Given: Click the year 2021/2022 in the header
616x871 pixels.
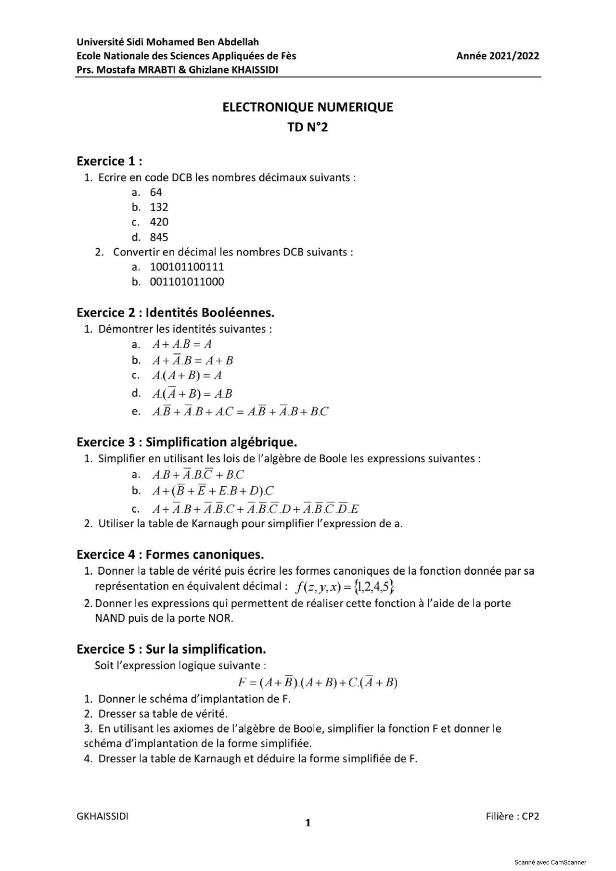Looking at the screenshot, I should (x=498, y=56).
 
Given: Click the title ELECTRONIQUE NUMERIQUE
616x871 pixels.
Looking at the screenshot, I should (x=308, y=107).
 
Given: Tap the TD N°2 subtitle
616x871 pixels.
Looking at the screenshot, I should (x=308, y=127).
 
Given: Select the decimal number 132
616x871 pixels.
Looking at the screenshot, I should (x=159, y=207).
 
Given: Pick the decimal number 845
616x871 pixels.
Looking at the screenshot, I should (x=159, y=237).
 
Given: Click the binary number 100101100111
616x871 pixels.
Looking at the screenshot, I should (x=187, y=267).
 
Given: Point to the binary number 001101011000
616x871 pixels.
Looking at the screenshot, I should (x=187, y=282).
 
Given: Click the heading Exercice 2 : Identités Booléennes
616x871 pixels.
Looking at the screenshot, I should (x=175, y=313).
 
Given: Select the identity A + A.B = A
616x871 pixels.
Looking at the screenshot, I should (x=182, y=344).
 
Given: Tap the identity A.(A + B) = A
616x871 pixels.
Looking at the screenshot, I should (x=187, y=375).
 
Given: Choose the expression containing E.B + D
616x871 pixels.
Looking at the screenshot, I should (x=213, y=491).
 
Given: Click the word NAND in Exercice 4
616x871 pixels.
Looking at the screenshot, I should (x=110, y=619).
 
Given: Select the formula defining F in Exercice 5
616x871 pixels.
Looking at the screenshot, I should (x=317, y=682).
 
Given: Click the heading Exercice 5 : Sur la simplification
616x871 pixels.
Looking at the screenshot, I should (x=171, y=649).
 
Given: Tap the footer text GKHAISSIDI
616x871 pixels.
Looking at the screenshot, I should (x=103, y=816).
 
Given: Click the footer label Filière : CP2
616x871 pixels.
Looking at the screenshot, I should (x=512, y=816).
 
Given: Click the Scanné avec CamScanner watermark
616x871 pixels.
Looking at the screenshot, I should (x=550, y=862).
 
